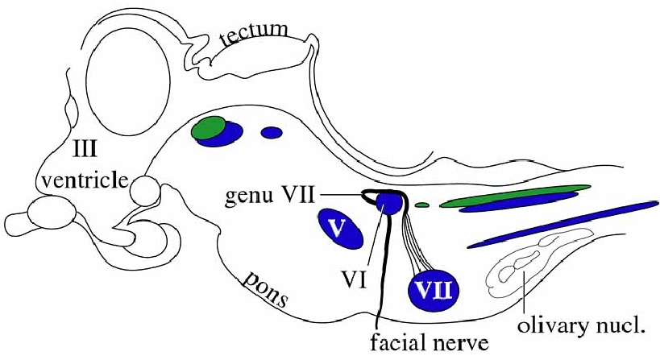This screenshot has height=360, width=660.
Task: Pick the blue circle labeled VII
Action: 435,288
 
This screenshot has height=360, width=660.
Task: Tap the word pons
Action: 266,289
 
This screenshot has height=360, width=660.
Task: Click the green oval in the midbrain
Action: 208,126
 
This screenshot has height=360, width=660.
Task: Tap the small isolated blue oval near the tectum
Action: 272,132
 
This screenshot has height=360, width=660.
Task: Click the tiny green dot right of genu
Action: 421,205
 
